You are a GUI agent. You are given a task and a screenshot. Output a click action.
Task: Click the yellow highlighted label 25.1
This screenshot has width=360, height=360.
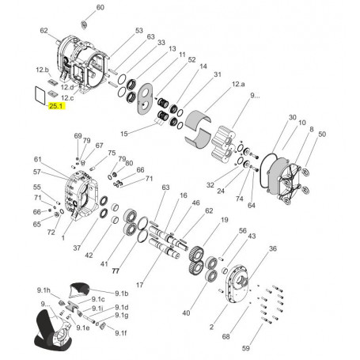coord(57,105)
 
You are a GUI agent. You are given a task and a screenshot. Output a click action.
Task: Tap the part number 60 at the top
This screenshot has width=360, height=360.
coord(100,7)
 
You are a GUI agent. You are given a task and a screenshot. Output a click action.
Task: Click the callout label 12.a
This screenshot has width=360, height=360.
coord(238,84)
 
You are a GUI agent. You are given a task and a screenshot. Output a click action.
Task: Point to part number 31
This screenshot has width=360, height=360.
coord(216,74)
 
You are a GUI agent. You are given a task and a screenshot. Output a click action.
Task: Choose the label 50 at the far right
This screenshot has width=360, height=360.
coord(321,135)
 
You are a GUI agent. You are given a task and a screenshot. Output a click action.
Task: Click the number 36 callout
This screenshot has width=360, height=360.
coord(272,249)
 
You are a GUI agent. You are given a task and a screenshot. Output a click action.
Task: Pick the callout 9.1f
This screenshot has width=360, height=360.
coord(120,333)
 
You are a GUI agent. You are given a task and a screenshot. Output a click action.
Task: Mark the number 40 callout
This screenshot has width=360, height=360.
coord(186,313)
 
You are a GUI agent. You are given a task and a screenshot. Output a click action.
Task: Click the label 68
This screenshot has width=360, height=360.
coord(225,337)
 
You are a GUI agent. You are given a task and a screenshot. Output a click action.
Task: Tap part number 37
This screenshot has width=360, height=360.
coord(77,248)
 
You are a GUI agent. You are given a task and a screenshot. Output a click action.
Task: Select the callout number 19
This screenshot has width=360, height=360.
coord(225,219)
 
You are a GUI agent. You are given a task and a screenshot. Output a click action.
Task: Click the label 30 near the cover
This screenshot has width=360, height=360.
coord(292,116)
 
